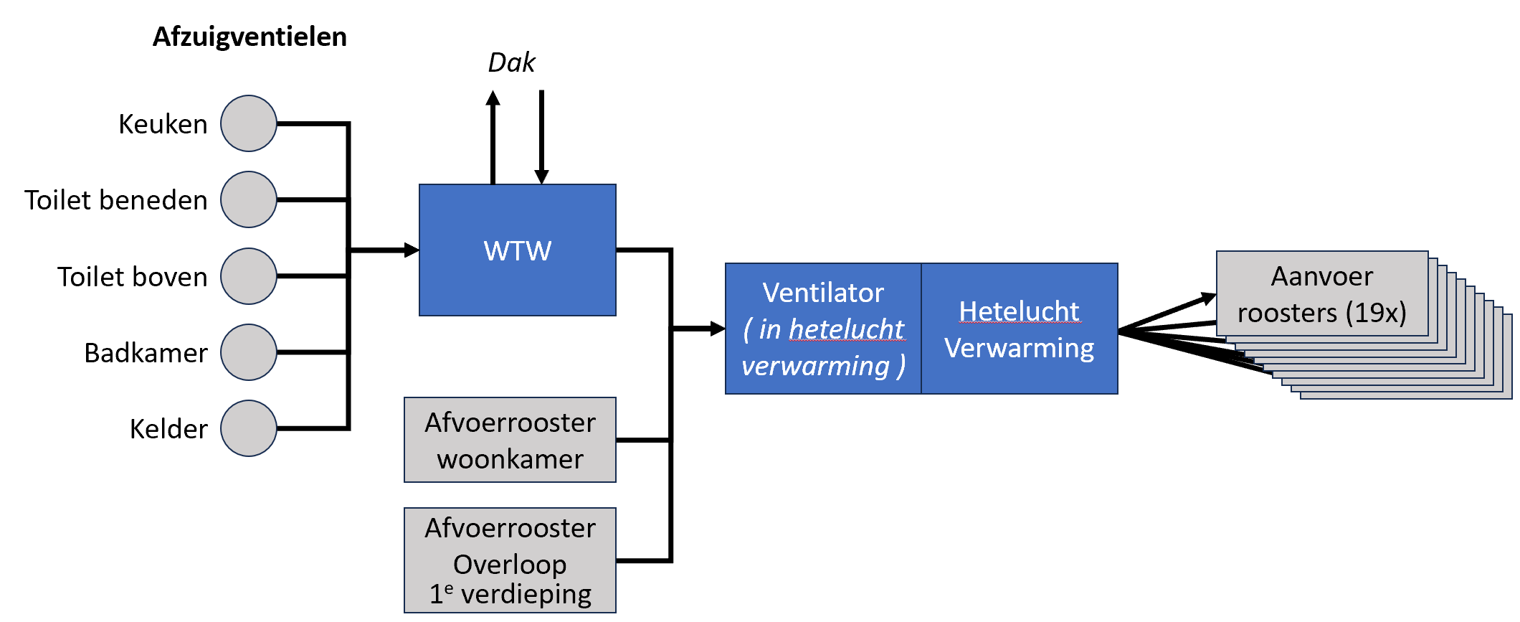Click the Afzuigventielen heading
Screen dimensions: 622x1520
(250, 37)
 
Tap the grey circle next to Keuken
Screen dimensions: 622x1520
(249, 123)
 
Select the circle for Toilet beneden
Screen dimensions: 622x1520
(249, 199)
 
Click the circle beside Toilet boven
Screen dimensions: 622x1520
(249, 276)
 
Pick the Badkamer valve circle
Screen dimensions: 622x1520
(249, 352)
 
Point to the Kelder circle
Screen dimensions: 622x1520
(249, 428)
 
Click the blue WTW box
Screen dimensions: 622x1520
(517, 250)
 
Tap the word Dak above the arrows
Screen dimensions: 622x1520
(511, 63)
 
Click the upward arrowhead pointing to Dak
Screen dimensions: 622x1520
(493, 98)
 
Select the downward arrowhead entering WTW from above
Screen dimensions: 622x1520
(541, 176)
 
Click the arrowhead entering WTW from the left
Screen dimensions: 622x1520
(412, 250)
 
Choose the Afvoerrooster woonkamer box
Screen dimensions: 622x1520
(510, 440)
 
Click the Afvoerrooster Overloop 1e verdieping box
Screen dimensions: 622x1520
(510, 560)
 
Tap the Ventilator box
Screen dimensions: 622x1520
(823, 329)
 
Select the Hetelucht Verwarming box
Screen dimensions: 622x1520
(1019, 329)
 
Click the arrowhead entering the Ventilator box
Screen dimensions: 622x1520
(718, 329)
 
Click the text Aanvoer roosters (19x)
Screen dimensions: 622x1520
(1321, 294)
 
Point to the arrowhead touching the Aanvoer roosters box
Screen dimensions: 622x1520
(1209, 298)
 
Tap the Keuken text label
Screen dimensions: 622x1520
(163, 124)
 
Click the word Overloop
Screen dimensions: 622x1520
(510, 565)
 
